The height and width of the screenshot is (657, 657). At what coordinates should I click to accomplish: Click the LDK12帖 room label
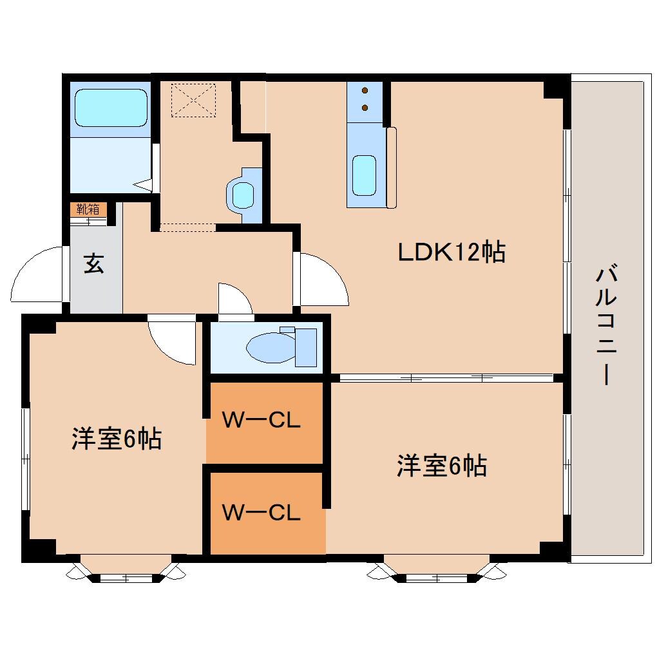(451, 252)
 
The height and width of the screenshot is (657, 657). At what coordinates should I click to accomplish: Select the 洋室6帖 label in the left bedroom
(116, 439)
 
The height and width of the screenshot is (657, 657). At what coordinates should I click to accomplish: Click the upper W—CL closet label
(261, 421)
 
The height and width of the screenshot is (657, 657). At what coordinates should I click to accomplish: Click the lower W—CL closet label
(261, 513)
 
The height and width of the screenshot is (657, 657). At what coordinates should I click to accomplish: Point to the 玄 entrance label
(94, 264)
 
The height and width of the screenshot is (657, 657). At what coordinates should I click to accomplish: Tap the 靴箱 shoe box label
(88, 209)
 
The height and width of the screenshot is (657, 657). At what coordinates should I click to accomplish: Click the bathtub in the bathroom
(111, 108)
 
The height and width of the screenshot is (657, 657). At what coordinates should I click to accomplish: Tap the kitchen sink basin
(364, 175)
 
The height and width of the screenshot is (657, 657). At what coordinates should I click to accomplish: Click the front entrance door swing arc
(37, 275)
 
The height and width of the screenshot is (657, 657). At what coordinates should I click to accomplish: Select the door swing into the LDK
(322, 280)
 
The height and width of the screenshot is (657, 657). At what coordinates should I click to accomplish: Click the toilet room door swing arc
(234, 300)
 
